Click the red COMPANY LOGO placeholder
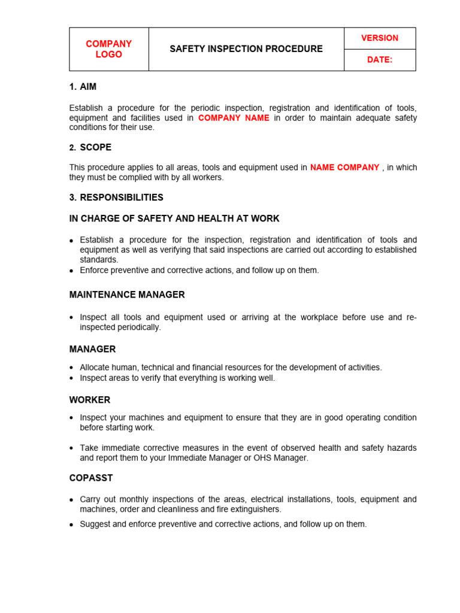(108, 49)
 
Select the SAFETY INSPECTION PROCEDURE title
(246, 49)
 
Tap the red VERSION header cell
(379, 38)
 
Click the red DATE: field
(380, 60)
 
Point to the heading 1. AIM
(83, 87)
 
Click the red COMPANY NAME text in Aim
(234, 118)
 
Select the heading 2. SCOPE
(90, 147)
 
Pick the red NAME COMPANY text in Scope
(344, 168)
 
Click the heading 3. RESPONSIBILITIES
(116, 198)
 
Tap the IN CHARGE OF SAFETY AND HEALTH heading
(174, 219)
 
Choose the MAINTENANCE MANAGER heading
(127, 295)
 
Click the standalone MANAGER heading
(92, 349)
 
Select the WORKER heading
(90, 400)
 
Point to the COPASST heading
(91, 478)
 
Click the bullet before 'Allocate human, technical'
(72, 368)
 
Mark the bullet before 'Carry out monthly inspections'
(72, 500)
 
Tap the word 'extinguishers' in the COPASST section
(256, 509)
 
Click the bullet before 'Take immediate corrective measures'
(72, 448)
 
